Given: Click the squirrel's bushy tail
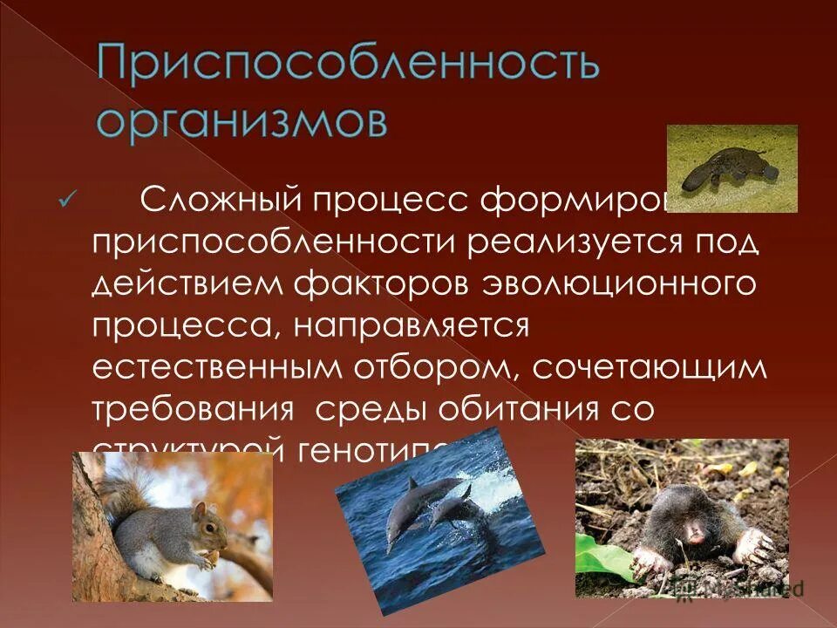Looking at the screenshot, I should tap(118, 488).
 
